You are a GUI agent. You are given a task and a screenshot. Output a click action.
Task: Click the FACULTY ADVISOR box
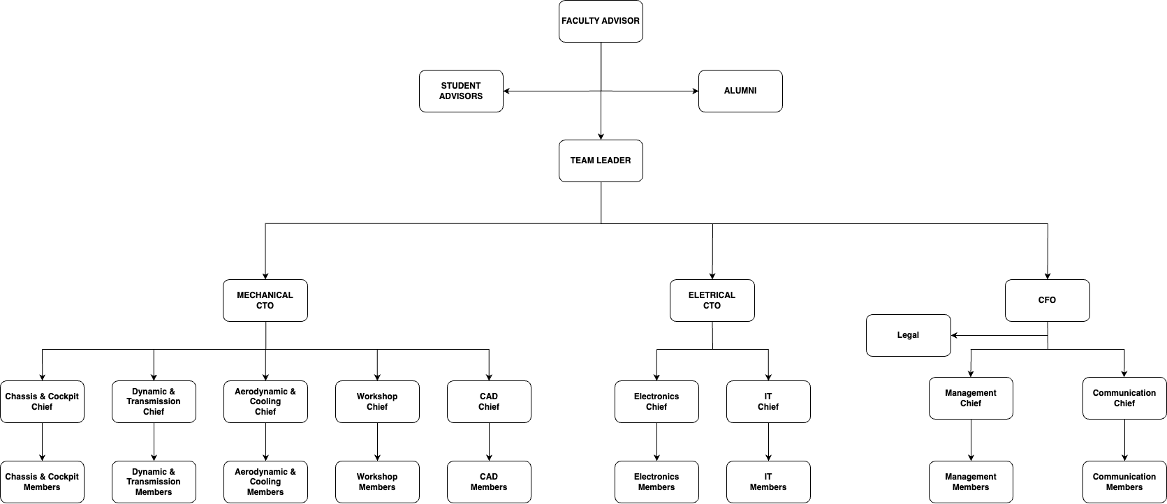601,21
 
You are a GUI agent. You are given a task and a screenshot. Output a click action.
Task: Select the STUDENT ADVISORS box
461,91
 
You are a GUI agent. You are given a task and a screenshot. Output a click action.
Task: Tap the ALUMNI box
740,91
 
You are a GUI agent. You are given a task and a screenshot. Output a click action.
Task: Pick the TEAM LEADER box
601,161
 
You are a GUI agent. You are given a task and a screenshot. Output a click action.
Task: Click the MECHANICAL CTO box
265,300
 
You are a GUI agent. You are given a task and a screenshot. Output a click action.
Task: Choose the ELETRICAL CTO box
712,300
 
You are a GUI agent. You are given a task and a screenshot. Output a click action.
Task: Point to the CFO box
1047,300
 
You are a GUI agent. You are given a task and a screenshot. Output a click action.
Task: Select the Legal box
908,335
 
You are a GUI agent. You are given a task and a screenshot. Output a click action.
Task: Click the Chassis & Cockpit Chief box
42,401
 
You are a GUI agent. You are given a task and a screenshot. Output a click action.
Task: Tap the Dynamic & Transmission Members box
154,482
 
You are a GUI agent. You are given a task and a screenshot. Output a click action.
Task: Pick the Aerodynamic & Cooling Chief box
265,401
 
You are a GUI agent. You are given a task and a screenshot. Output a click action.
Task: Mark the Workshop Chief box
377,401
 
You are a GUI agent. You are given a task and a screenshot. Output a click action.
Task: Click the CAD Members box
489,482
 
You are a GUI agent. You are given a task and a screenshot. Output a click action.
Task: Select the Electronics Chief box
656,401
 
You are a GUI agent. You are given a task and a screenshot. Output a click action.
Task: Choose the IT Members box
768,482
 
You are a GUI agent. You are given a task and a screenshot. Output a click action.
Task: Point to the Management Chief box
971,398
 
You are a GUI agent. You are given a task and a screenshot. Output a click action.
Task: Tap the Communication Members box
1124,482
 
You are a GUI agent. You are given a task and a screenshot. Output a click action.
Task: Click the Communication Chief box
1124,398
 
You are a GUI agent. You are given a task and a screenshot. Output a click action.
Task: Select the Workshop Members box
377,482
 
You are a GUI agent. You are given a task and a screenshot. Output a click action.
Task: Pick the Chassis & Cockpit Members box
42,482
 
